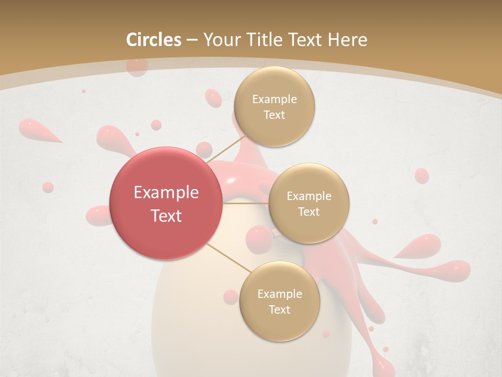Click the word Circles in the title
[x=154, y=40]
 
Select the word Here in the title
[x=347, y=40]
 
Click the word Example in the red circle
[x=166, y=193]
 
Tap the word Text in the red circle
[x=166, y=216]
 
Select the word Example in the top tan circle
[x=274, y=99]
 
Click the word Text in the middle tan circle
[x=309, y=212]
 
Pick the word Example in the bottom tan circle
[x=279, y=294]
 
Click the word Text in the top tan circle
[x=274, y=115]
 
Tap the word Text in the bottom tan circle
[x=279, y=310]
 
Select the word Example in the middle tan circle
[x=309, y=196]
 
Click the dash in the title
[x=192, y=40]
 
